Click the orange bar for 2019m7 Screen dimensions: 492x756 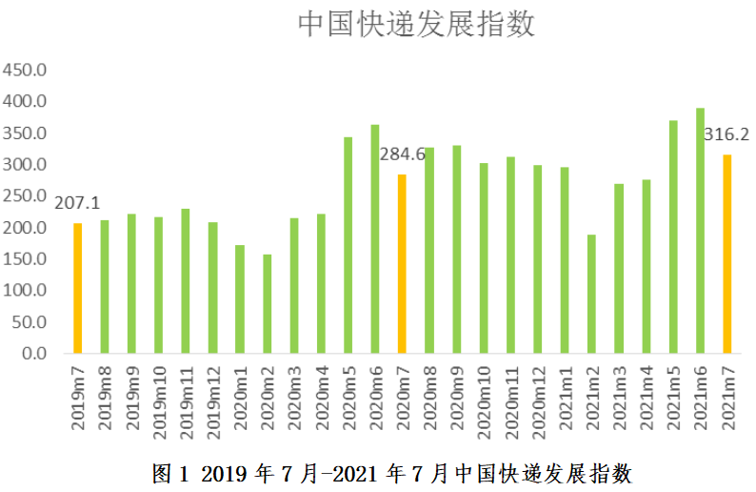pyautogui.click(x=78, y=288)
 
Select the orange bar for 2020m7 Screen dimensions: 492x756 pyautogui.click(x=403, y=264)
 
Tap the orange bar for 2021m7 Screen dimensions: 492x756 pyautogui.click(x=727, y=254)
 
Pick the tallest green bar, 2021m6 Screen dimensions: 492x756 pyautogui.click(x=700, y=231)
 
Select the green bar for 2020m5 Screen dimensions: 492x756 pyautogui.click(x=348, y=245)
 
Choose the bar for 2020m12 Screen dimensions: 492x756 pyautogui.click(x=538, y=259)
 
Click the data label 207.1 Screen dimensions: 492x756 pyautogui.click(x=78, y=203)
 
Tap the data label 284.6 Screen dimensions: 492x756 pyautogui.click(x=402, y=154)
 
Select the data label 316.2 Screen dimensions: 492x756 pyautogui.click(x=726, y=134)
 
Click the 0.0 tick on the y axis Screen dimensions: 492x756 pyautogui.click(x=36, y=354)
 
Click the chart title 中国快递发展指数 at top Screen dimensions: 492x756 pyautogui.click(x=416, y=24)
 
